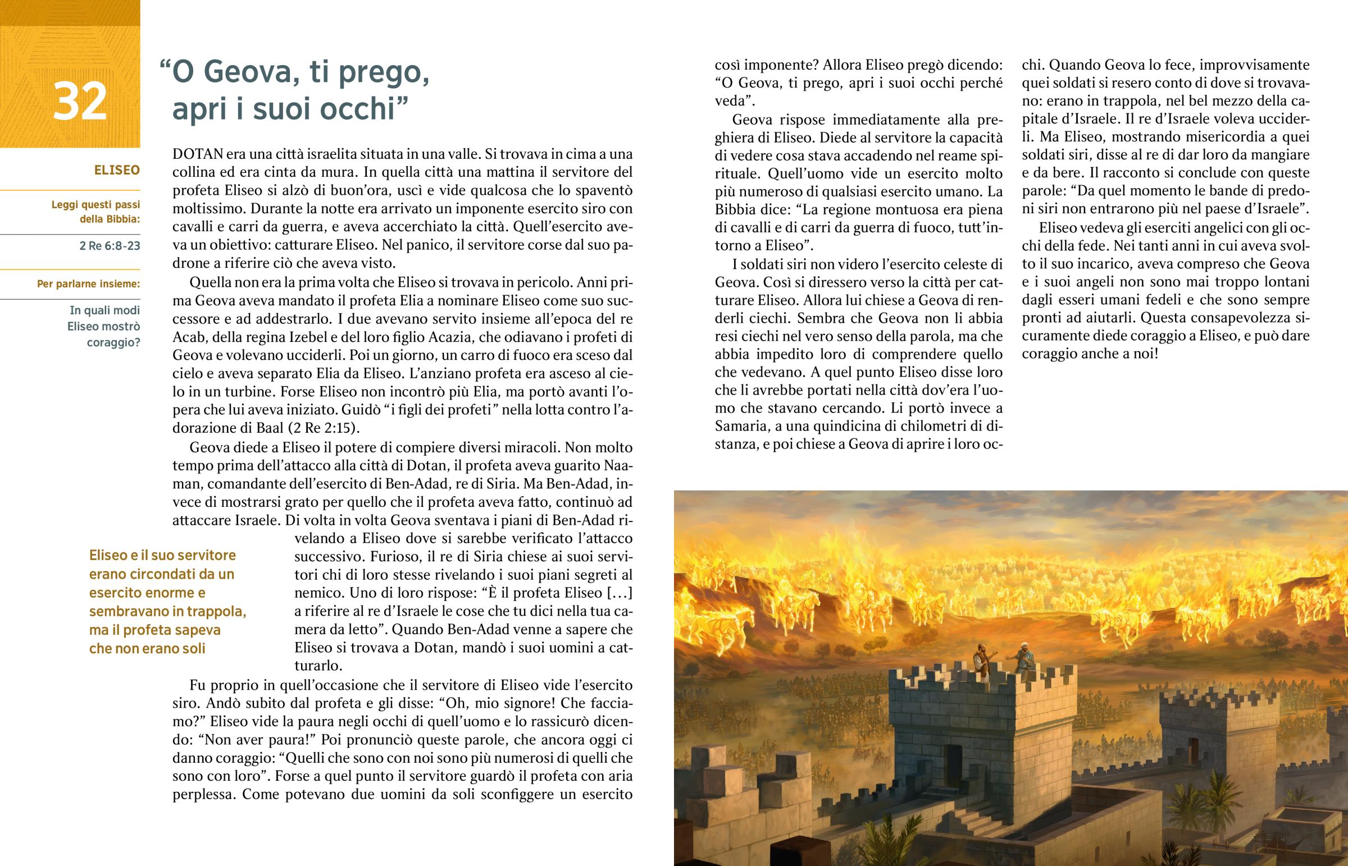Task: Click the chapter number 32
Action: (x=80, y=102)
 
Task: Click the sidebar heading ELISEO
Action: (x=117, y=170)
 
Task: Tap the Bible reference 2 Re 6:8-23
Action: (x=110, y=246)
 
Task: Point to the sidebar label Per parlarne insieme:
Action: (x=88, y=284)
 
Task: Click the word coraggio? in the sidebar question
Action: (x=113, y=342)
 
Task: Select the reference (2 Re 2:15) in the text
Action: (x=324, y=428)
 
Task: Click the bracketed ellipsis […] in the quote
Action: (x=620, y=593)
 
